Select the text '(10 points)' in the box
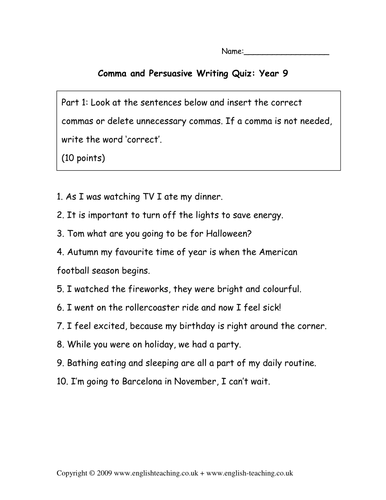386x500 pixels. pyautogui.click(x=70, y=158)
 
